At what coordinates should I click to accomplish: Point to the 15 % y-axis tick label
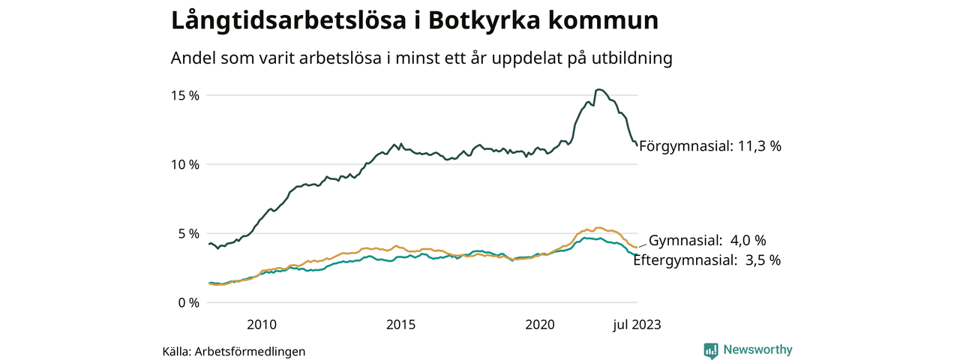(183, 95)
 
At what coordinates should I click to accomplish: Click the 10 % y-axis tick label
(183, 164)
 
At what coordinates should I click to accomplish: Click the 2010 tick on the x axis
(262, 325)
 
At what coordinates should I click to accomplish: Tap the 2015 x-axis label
(401, 325)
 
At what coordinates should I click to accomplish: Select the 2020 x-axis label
(540, 325)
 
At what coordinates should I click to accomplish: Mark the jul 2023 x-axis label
(637, 325)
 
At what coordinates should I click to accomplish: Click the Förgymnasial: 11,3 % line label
(709, 147)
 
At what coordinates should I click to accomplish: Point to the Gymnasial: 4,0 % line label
(706, 241)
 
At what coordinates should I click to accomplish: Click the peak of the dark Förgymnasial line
(598, 89)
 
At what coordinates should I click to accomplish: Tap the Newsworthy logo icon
(711, 350)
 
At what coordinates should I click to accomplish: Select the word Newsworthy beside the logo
(757, 349)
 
